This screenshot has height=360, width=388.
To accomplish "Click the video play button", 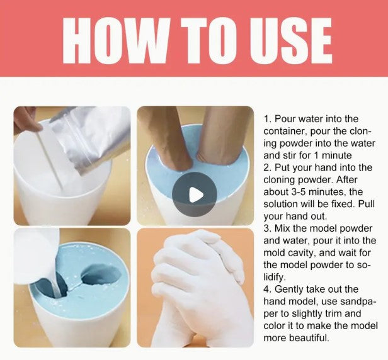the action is (x=195, y=194).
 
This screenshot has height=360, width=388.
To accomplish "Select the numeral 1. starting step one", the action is (x=268, y=119).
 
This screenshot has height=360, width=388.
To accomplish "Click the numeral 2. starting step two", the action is (x=268, y=167).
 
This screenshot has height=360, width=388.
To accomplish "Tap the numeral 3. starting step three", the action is (x=268, y=228).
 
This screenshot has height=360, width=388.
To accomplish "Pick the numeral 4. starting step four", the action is (x=268, y=289).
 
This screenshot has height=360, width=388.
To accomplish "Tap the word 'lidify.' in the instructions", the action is (x=275, y=277).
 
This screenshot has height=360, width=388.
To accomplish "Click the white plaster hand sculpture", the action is (x=198, y=288).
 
